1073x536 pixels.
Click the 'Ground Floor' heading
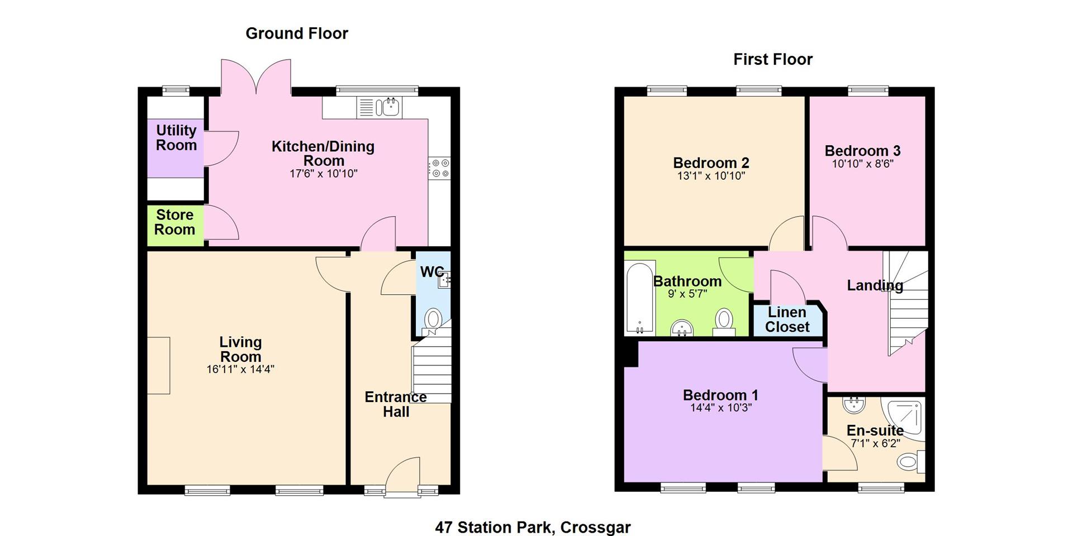tap(297, 33)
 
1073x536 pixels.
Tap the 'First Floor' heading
tap(773, 59)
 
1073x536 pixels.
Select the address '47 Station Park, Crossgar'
tap(533, 527)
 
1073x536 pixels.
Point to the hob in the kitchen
tap(439, 169)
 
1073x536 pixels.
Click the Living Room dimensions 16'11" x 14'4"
tap(240, 369)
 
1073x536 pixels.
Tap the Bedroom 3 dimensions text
tap(863, 164)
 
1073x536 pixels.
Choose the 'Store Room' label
tap(175, 222)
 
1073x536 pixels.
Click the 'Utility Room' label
tap(176, 138)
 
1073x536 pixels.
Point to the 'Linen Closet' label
tap(787, 320)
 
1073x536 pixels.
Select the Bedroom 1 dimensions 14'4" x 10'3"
tap(721, 408)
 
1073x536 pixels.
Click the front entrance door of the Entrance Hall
tap(402, 477)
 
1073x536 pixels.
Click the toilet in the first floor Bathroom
tap(724, 323)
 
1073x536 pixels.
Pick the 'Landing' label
tap(875, 285)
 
